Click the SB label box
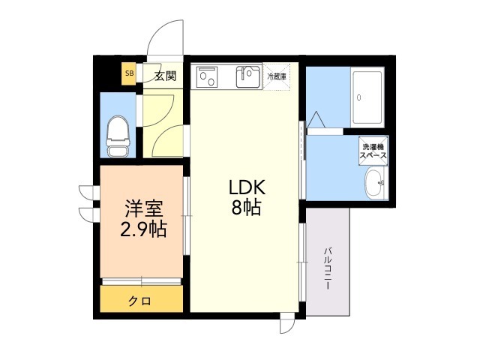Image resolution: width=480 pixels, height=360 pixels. click(x=129, y=73)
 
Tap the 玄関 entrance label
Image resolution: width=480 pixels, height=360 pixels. click(x=165, y=75)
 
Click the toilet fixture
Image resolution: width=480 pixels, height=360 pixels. click(x=118, y=136)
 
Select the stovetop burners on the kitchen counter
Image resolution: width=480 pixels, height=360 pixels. click(x=207, y=76)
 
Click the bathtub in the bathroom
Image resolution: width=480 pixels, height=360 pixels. click(x=368, y=97)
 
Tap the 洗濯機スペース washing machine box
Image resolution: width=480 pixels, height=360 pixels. click(x=373, y=149)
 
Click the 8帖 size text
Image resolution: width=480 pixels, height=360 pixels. click(x=245, y=208)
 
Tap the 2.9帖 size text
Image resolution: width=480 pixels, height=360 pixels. click(x=143, y=229)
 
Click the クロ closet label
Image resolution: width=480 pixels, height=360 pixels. click(x=139, y=301)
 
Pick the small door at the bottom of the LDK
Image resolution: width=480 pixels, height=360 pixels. click(x=287, y=325)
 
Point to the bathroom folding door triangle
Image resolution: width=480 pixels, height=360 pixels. click(x=313, y=120)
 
